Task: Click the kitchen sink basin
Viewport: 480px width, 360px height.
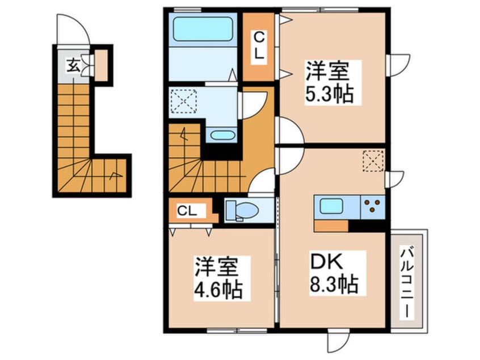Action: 330,206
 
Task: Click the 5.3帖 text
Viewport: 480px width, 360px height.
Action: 332,94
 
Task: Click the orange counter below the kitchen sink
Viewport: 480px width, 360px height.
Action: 331,225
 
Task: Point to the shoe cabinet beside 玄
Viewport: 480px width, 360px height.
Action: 102,65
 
